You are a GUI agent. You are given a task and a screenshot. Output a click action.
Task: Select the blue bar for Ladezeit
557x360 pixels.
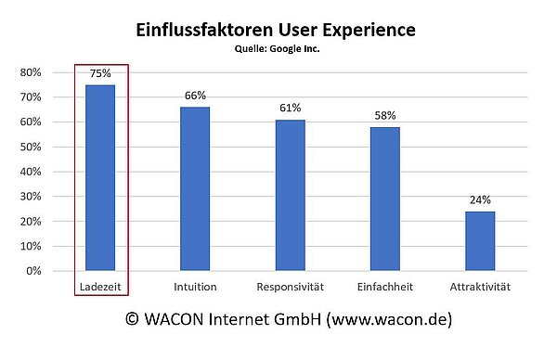coord(100,177)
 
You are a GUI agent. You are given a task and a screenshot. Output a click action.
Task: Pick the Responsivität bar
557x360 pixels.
coord(290,195)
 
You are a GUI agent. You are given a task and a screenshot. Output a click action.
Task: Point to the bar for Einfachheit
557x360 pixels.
coord(384,199)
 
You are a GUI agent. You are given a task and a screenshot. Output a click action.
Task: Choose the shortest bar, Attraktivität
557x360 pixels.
coord(479,241)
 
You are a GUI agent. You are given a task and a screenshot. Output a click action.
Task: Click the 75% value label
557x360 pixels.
coord(100,73)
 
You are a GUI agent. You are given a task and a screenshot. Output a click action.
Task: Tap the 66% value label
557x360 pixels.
coord(195,96)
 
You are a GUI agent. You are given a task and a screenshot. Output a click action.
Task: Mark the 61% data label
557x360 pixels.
coord(290,109)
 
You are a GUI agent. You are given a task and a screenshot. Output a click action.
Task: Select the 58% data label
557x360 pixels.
coord(384,116)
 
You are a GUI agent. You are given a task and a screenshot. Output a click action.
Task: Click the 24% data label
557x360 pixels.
coord(479,200)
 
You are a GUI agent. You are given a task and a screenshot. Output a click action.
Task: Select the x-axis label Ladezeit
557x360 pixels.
coord(100,286)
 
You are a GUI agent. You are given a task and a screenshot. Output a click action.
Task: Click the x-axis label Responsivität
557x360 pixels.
coord(290,286)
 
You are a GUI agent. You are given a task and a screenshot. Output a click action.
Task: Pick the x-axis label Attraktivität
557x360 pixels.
coord(479,286)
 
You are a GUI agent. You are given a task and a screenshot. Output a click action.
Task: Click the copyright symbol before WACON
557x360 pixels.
coord(134,320)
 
